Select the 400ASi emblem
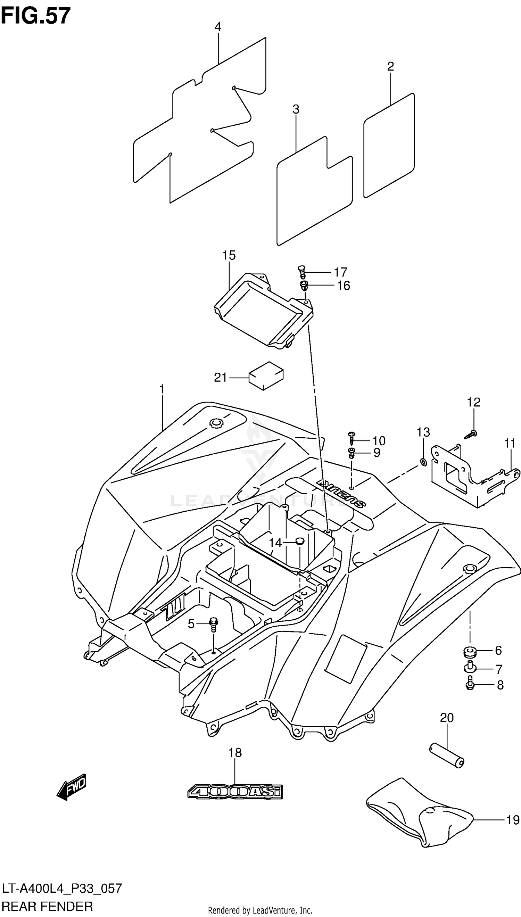pos(235,792)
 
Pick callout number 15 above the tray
pos(229,255)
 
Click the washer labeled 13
pos(423,462)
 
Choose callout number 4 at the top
pos(217,27)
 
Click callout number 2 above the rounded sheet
pos(390,67)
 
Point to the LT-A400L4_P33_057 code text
pos(62,888)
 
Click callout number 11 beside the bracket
pos(510,443)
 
